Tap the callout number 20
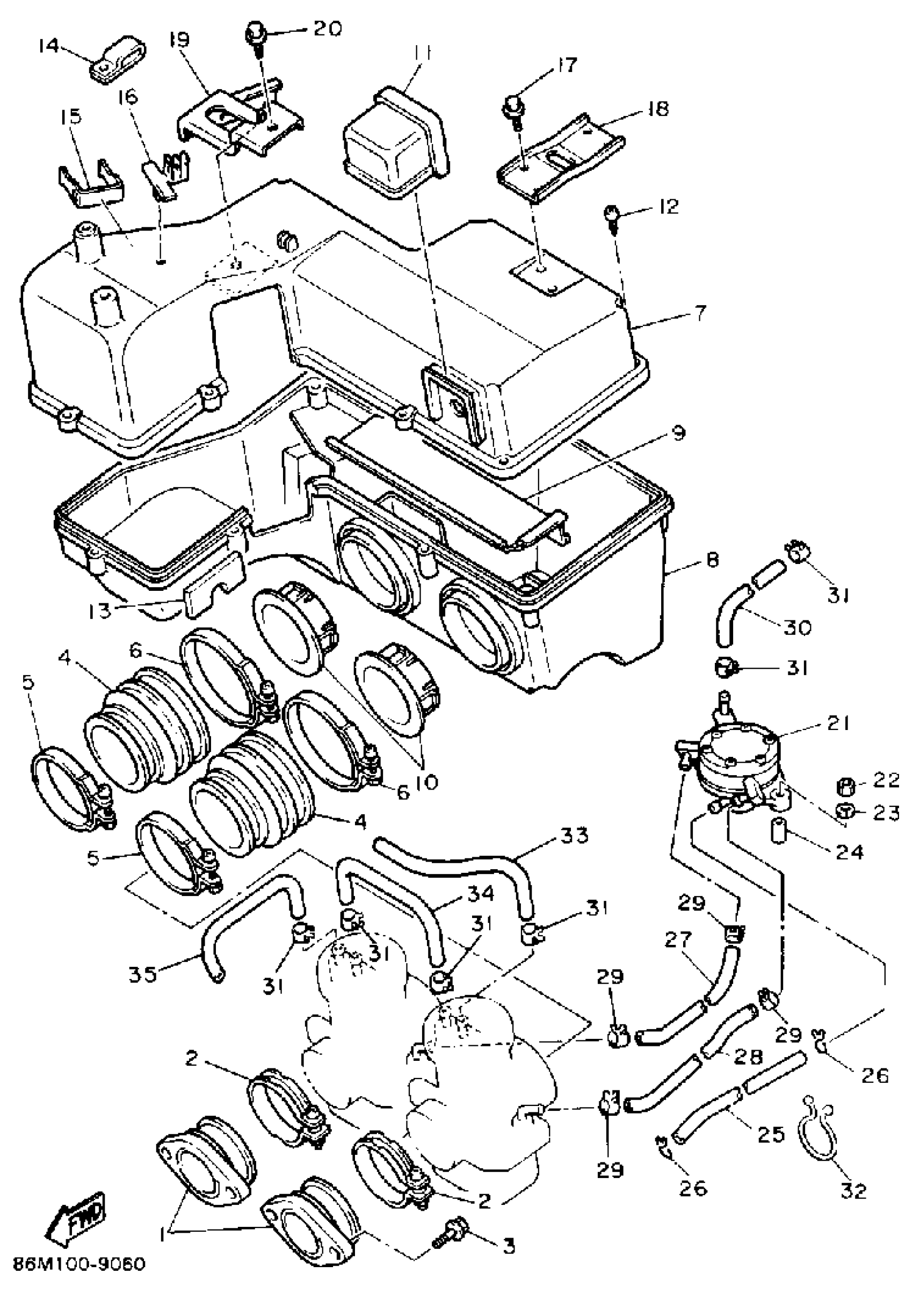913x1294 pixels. [327, 28]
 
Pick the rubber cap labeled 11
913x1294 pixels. [395, 141]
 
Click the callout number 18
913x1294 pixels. [657, 107]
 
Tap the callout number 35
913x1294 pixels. [142, 974]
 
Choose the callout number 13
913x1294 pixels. [100, 610]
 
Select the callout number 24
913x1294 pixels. [849, 851]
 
